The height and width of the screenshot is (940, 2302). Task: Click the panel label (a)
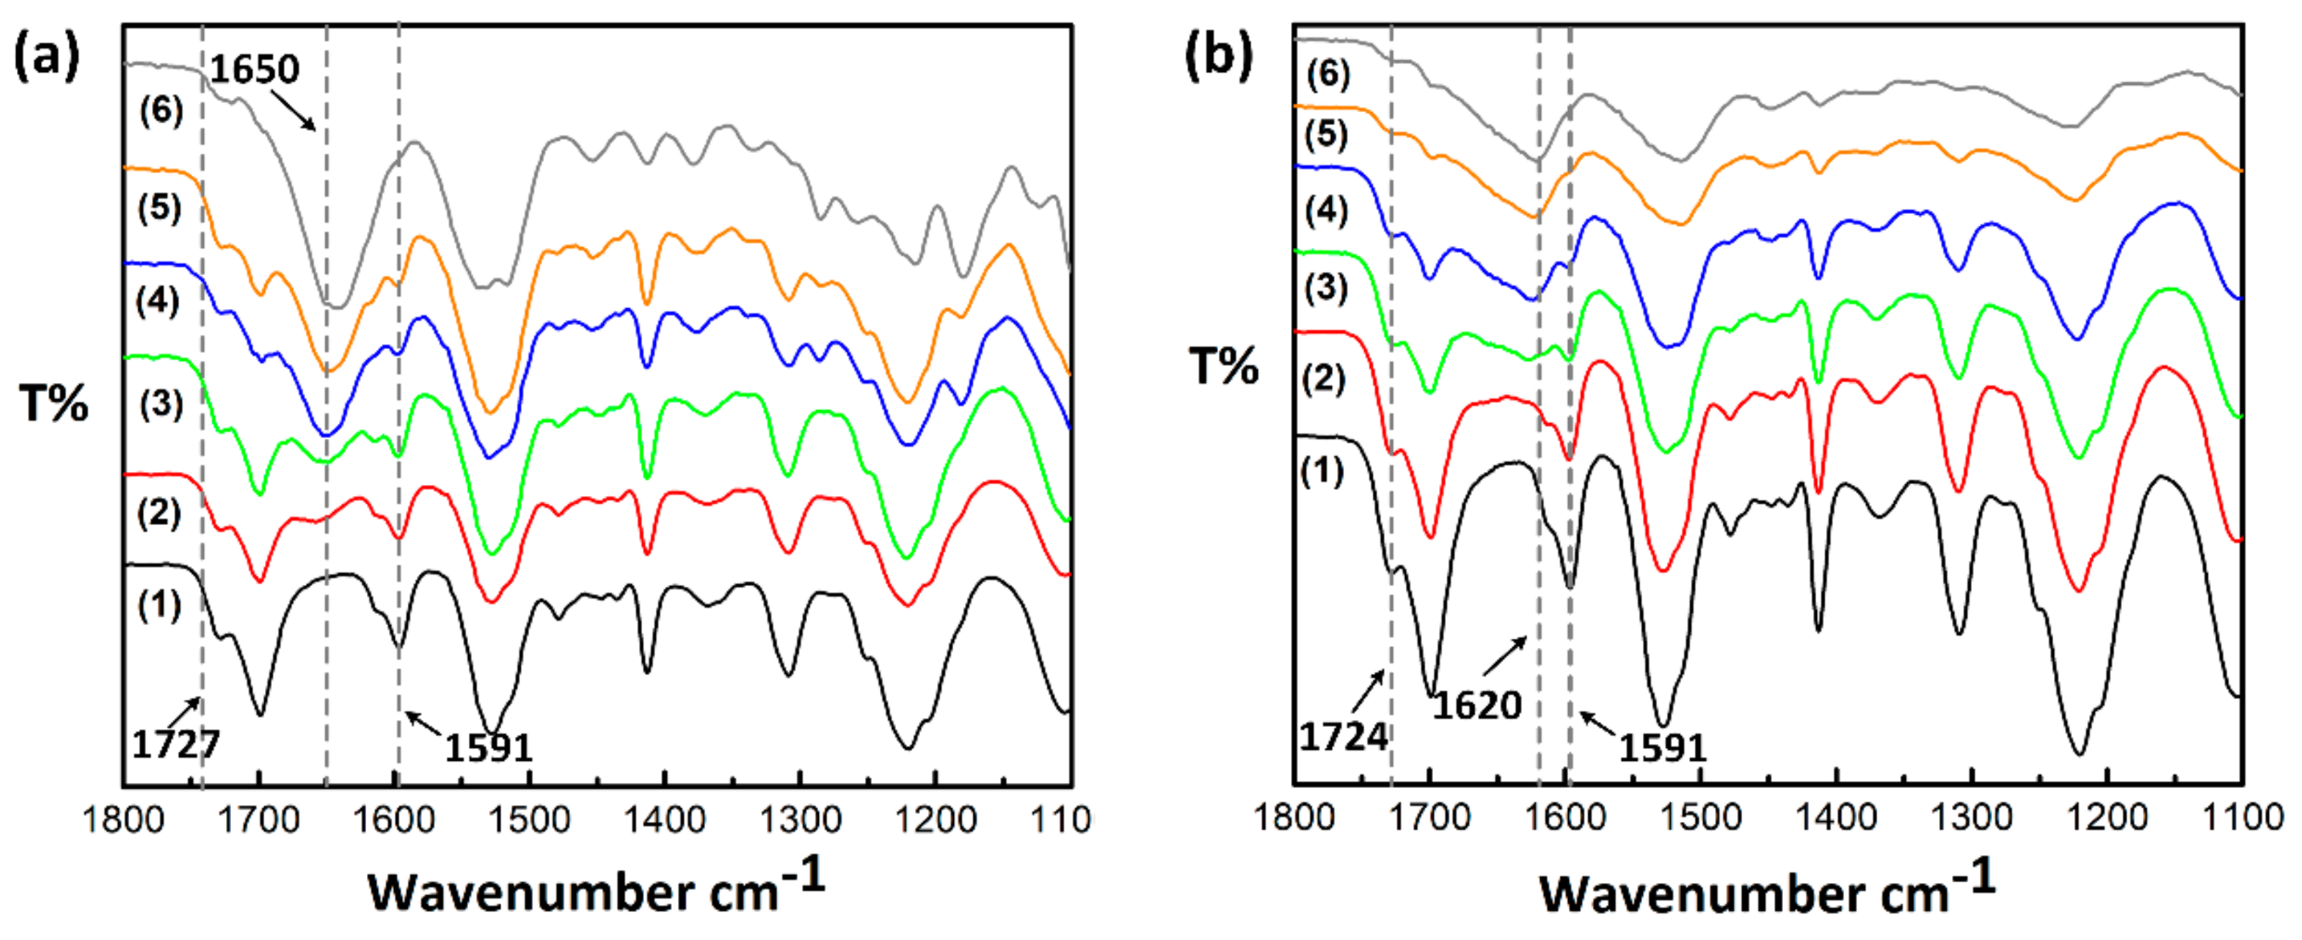[x=47, y=56]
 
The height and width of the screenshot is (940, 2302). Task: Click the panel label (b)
[x=1218, y=55]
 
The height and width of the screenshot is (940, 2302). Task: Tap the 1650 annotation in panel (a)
[x=255, y=69]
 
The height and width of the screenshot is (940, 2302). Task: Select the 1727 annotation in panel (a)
[x=176, y=743]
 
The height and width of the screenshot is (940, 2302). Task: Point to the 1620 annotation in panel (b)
[x=1477, y=705]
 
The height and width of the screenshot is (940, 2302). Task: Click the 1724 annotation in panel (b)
[x=1343, y=737]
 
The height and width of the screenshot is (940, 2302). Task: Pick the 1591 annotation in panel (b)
[x=1662, y=747]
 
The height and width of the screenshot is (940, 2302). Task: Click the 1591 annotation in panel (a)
[x=488, y=747]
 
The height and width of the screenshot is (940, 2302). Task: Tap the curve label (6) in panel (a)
[x=161, y=110]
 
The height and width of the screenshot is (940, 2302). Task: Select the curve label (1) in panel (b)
[x=1322, y=471]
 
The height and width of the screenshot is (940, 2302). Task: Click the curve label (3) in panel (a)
[x=161, y=404]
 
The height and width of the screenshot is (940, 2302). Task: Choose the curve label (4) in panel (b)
[x=1326, y=211]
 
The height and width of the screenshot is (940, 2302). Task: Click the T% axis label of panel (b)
[x=1223, y=365]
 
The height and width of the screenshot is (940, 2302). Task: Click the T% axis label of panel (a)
[x=54, y=404]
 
